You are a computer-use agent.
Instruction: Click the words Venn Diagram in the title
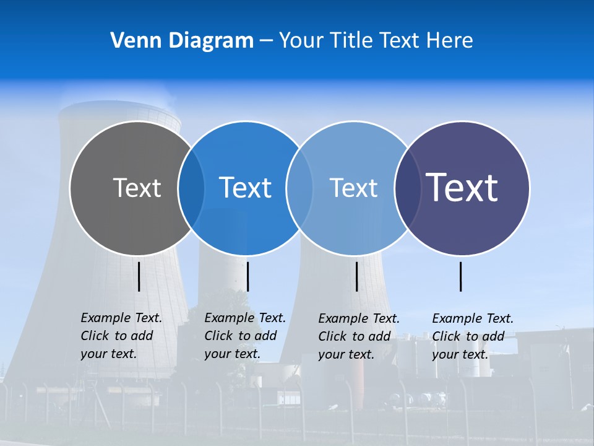coord(182,40)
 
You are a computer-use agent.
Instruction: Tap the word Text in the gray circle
coord(137,188)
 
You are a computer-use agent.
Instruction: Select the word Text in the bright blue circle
coord(245,188)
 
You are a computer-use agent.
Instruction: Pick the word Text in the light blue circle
coord(353,188)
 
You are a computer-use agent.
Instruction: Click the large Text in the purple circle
coord(462,187)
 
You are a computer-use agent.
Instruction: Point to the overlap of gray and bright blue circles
coord(191,188)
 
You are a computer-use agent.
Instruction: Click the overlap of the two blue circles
coord(299,188)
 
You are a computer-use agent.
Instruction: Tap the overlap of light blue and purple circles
coord(408,188)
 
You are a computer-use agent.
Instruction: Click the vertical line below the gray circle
coord(139,276)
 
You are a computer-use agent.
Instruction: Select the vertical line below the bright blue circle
coord(247,276)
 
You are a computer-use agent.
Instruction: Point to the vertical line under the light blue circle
coord(356,276)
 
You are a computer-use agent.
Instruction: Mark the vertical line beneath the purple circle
coord(461,276)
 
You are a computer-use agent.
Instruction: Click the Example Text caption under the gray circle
coord(121,336)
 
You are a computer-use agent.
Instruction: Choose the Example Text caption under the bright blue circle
coord(244,336)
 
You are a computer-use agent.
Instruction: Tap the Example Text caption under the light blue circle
coord(358,336)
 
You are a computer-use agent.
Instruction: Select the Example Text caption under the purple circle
coord(472,336)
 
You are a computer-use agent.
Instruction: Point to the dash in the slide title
coord(265,41)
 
